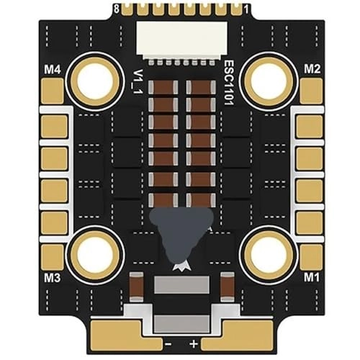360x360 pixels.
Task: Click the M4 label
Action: [x=53, y=70]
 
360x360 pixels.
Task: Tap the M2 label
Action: [x=312, y=69]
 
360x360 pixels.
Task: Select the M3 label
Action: [x=52, y=278]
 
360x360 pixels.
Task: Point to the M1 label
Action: [x=312, y=278]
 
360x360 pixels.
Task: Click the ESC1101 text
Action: [x=229, y=83]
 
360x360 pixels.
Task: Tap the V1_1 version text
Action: [x=138, y=81]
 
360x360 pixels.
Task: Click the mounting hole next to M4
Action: [x=95, y=81]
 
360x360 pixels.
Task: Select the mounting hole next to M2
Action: [x=270, y=81]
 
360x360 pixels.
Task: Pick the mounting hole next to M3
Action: [x=95, y=255]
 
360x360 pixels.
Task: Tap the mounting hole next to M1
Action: [x=270, y=255]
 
